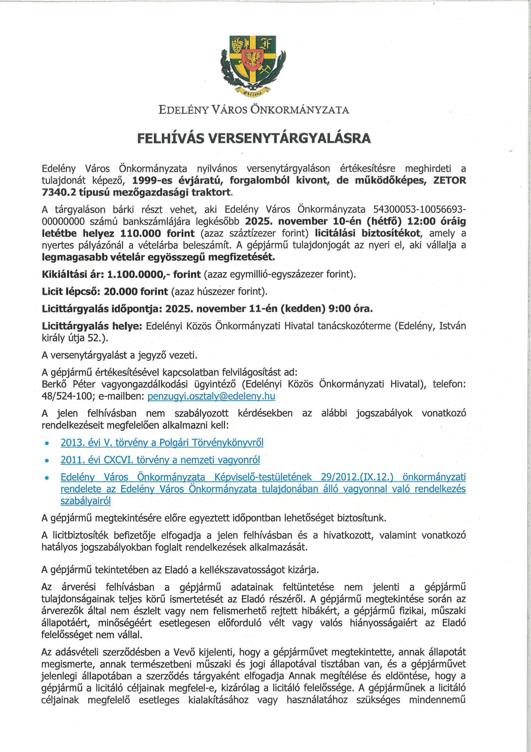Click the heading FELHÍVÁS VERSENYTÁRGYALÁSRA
254,138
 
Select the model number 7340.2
59,192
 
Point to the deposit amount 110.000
141,234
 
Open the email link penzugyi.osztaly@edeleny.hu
211,396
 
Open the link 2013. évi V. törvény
162,443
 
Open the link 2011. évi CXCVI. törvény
160,460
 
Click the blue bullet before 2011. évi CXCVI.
47,461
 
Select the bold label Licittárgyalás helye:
92,326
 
